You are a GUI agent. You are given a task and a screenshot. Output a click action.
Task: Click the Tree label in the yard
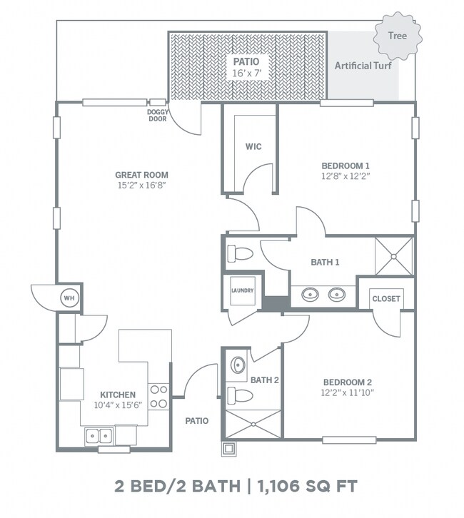[397, 36]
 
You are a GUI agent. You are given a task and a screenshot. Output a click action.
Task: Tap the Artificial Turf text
[363, 66]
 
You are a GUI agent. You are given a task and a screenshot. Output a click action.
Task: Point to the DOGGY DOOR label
[158, 116]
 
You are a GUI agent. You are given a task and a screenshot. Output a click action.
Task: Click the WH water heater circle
[69, 298]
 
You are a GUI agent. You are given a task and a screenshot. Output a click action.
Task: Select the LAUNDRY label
[242, 290]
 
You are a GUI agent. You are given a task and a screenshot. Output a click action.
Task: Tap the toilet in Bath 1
[241, 254]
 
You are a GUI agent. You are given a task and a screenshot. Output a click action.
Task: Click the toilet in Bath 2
[241, 395]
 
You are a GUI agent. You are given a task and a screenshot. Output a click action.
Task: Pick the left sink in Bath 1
[310, 294]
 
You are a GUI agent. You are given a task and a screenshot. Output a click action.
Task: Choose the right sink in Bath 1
[337, 294]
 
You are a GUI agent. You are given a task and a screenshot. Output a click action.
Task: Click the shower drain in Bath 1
[393, 256]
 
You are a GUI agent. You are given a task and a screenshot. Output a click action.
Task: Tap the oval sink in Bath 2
[238, 365]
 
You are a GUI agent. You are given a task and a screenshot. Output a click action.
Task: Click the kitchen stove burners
[158, 397]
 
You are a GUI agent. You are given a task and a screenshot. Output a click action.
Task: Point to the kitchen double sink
[99, 437]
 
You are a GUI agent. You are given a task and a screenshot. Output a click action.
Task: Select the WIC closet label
[253, 146]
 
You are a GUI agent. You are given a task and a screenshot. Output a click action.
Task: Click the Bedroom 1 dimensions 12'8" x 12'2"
[346, 176]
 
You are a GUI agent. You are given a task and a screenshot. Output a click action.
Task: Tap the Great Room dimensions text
[141, 186]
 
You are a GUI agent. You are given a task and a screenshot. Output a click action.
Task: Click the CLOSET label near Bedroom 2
[386, 299]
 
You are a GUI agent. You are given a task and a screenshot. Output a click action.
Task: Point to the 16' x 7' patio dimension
[246, 73]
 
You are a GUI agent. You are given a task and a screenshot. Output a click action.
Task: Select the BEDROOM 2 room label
[348, 382]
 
